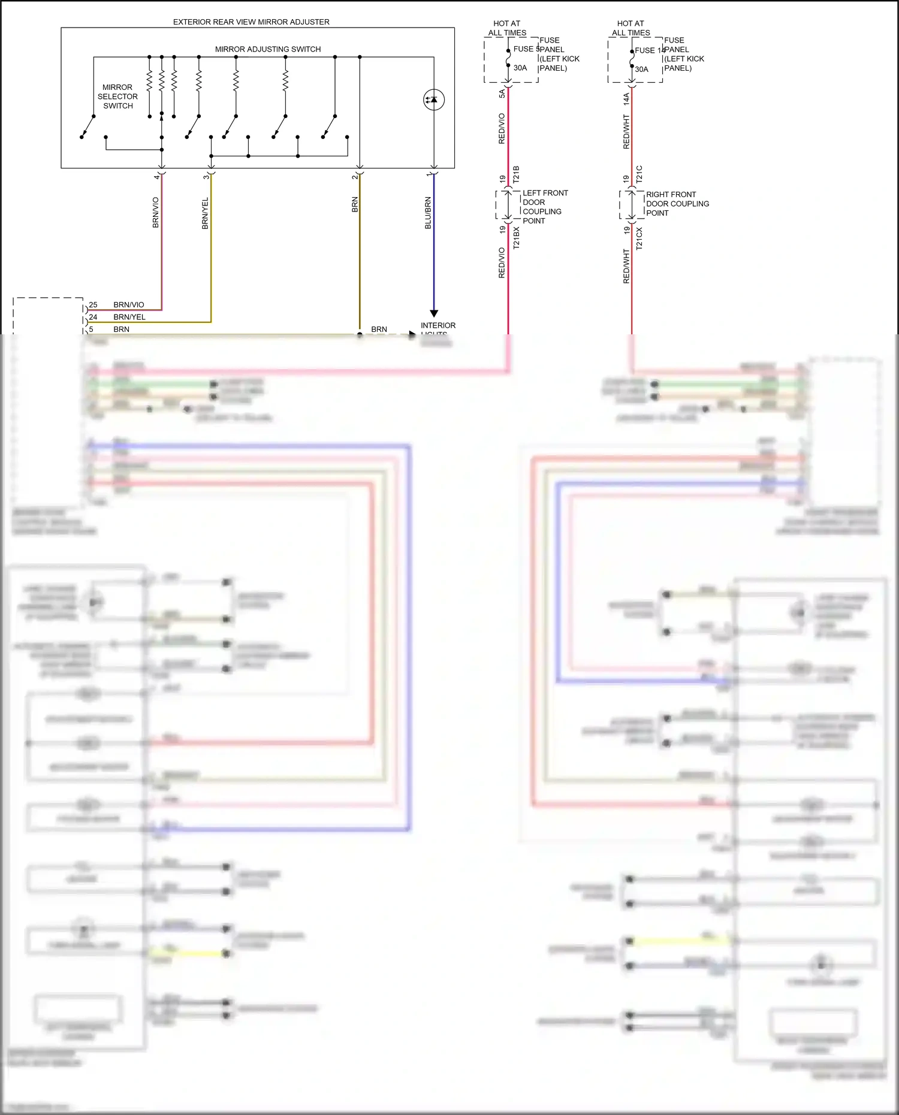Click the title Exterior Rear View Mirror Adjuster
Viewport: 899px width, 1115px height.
(251, 22)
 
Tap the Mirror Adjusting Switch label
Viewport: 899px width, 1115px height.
(268, 49)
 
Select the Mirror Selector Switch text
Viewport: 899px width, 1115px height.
(117, 96)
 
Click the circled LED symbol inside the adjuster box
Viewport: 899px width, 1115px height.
(433, 99)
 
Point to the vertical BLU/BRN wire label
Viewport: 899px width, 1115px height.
(428, 213)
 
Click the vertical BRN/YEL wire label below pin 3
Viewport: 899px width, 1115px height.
(205, 213)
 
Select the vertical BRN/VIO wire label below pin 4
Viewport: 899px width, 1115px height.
(156, 213)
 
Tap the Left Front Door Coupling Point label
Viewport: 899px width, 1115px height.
(544, 207)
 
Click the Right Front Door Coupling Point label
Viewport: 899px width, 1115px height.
(677, 204)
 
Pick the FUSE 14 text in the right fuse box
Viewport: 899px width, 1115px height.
(649, 50)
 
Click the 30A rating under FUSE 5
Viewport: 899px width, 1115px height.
(520, 68)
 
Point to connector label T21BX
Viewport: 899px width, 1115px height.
(516, 238)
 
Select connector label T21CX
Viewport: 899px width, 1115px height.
(639, 238)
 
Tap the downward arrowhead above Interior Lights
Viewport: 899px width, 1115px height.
(434, 313)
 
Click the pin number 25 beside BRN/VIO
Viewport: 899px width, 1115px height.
(93, 305)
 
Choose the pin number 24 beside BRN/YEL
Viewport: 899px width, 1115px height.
(93, 317)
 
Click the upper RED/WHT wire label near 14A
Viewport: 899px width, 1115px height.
(626, 132)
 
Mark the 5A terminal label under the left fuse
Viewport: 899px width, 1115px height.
(502, 93)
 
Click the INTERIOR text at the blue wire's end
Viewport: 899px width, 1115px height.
(438, 325)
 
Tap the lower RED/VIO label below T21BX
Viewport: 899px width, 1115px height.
(502, 262)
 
